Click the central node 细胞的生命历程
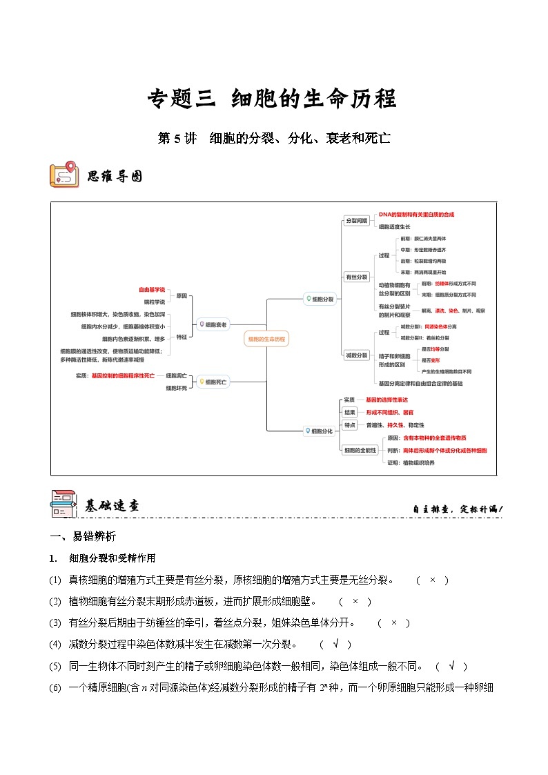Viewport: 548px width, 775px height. pos(266,339)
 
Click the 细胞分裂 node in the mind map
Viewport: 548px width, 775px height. pos(320,300)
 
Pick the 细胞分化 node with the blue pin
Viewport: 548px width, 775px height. pos(320,431)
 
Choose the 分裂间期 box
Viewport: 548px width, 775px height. pos(356,221)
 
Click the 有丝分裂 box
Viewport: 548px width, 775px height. pos(356,277)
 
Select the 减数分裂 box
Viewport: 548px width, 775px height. pos(356,355)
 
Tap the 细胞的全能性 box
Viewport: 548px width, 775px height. pos(360,450)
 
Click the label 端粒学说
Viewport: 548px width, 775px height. pos(155,302)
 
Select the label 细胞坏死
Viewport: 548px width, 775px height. pos(176,389)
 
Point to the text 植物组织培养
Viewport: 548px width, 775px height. pos(419,462)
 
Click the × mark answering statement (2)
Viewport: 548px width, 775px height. pos(355,601)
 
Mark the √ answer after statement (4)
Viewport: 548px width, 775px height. pos(335,645)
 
